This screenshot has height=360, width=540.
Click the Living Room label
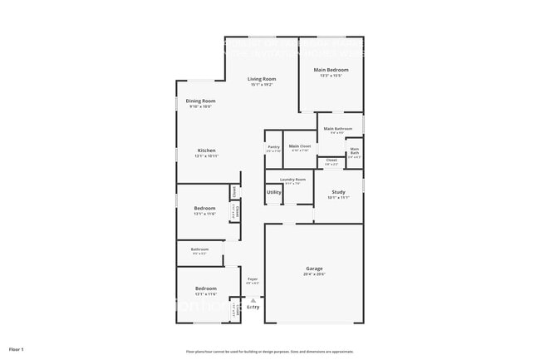pyautogui.click(x=262, y=79)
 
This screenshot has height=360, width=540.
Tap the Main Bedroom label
pyautogui.click(x=331, y=70)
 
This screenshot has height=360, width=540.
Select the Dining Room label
pyautogui.click(x=200, y=101)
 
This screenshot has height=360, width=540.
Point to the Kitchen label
pyautogui.click(x=206, y=150)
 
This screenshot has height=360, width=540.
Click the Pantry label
pyautogui.click(x=273, y=146)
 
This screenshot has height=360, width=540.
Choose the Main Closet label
pyautogui.click(x=299, y=145)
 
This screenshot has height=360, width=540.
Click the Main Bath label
pyautogui.click(x=354, y=150)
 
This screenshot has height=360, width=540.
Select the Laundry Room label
pyautogui.click(x=292, y=179)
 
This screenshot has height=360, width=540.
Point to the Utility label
pyautogui.click(x=273, y=192)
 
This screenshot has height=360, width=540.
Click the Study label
pyautogui.click(x=338, y=192)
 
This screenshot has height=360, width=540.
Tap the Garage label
pyautogui.click(x=314, y=268)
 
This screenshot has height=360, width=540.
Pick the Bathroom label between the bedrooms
pyautogui.click(x=199, y=249)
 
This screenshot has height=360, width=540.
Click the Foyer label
pyautogui.click(x=253, y=279)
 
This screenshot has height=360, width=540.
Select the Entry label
pyautogui.click(x=253, y=308)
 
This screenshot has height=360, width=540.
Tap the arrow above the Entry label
pyautogui.click(x=253, y=299)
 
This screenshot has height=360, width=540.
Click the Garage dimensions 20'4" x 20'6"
pyautogui.click(x=314, y=274)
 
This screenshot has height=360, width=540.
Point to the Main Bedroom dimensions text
pyautogui.click(x=331, y=76)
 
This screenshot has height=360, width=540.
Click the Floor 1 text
pyautogui.click(x=17, y=348)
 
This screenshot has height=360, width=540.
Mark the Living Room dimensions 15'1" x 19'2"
pyautogui.click(x=262, y=84)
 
